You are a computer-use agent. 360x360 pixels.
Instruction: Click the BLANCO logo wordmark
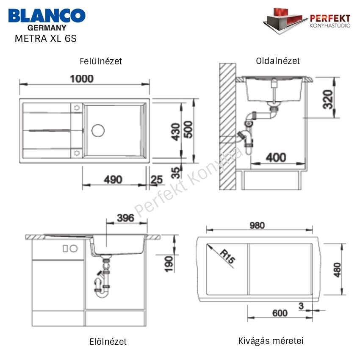[x=47, y=15]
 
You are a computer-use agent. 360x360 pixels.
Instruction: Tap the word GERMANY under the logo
[x=47, y=28]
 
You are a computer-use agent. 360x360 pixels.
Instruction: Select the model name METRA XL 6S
[x=46, y=39]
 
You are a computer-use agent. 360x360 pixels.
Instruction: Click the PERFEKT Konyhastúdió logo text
[x=330, y=21]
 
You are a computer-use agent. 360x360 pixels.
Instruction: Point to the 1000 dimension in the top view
[x=82, y=79]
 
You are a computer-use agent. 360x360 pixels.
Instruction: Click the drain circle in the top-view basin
[x=98, y=130]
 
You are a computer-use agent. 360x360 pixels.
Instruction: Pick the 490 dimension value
[x=113, y=180]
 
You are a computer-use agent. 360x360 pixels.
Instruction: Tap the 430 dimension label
[x=176, y=132]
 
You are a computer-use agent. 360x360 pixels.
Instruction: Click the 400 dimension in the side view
[x=276, y=158]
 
